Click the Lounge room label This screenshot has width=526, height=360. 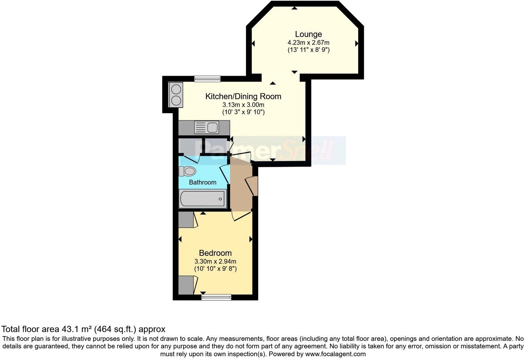click(x=308, y=34)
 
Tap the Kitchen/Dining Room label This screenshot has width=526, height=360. click(x=243, y=96)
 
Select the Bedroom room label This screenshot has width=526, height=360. click(x=215, y=253)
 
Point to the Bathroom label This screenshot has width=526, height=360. click(x=202, y=182)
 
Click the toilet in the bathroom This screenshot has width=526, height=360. click(x=187, y=171)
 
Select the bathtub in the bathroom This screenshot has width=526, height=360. click(x=202, y=199)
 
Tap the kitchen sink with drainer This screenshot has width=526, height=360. click(x=206, y=127)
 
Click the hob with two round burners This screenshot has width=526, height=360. click(x=175, y=95)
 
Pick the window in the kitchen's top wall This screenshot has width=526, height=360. click(x=207, y=79)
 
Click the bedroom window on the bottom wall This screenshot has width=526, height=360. click(x=216, y=297)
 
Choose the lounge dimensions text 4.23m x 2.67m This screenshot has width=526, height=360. click(x=308, y=43)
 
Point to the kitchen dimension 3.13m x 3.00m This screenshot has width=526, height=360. click(x=243, y=105)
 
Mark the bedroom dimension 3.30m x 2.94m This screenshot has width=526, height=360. click(x=215, y=261)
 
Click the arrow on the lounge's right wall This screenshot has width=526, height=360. click(x=356, y=44)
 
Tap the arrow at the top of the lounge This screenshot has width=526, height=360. click(x=294, y=8)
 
